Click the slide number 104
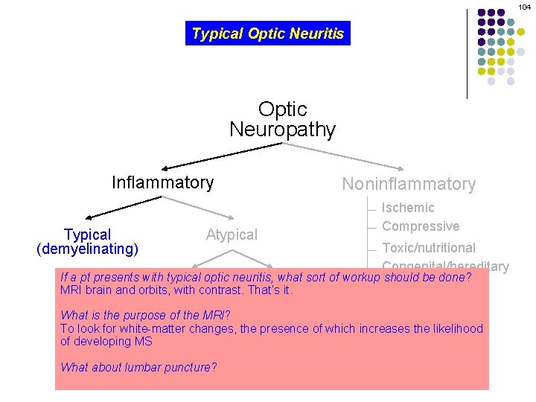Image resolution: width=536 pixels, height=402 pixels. point(524,7)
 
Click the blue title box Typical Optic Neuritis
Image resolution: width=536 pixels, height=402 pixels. point(267,33)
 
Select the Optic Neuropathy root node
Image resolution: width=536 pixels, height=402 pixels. point(282,119)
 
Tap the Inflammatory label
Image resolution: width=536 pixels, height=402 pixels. point(162,182)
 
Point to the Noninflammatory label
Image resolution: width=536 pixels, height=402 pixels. point(408,184)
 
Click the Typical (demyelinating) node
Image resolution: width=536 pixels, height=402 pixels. point(87,241)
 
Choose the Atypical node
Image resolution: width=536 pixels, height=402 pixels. point(232,234)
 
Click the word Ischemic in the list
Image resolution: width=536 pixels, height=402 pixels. point(407,208)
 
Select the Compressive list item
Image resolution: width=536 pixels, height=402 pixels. point(420,226)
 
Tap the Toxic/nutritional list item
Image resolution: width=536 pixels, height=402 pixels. point(428,247)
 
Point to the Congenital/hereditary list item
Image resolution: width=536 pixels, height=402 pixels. point(445,266)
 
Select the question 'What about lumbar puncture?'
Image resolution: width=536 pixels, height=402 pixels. point(138,367)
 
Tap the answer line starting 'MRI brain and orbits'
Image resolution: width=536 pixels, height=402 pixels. point(176,290)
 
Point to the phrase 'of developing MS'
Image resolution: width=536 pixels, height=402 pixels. point(106,342)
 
